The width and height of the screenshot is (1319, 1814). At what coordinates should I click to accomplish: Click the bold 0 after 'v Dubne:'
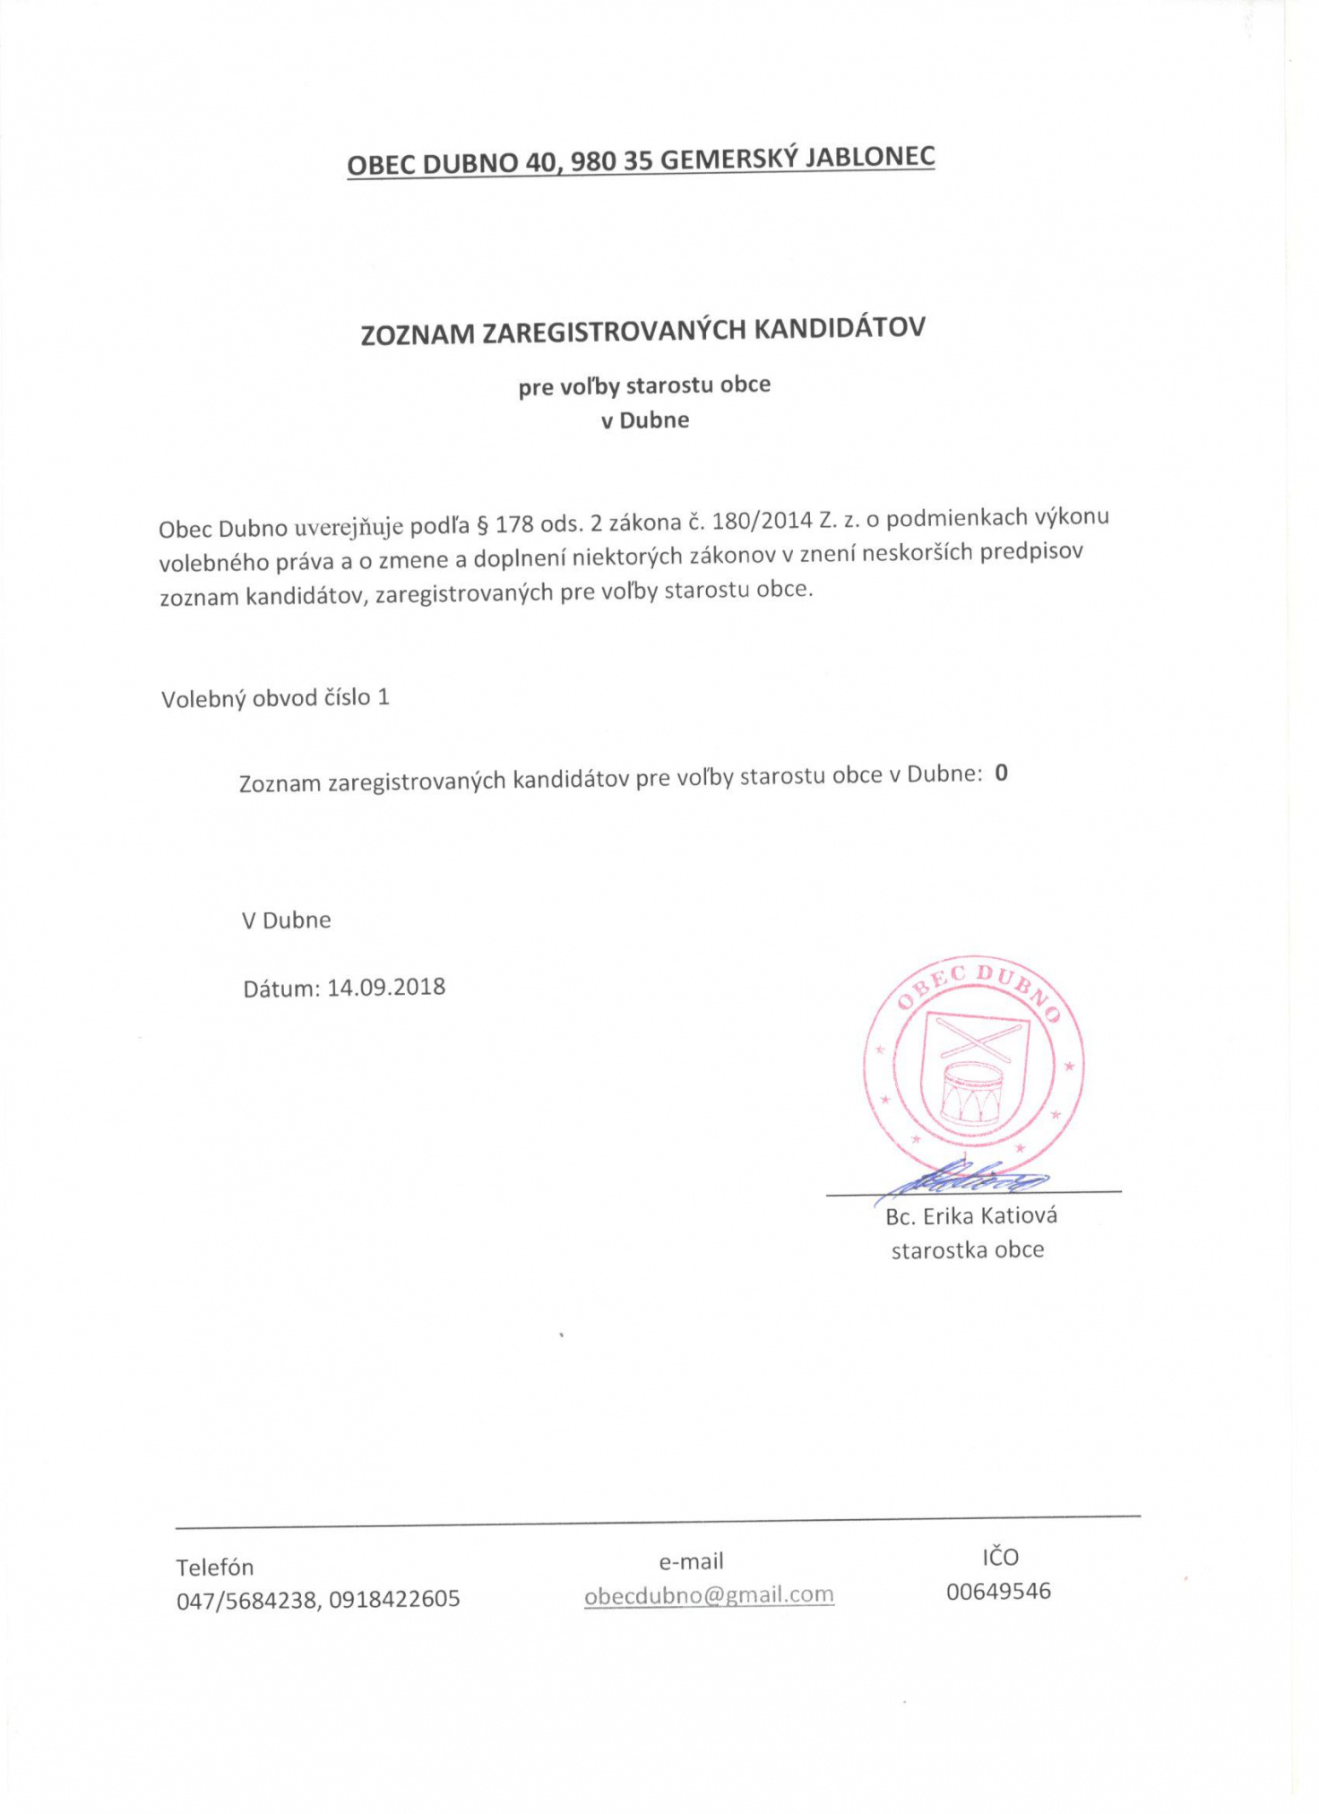(x=1001, y=773)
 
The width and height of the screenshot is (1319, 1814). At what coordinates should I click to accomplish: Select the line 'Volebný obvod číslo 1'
(x=275, y=698)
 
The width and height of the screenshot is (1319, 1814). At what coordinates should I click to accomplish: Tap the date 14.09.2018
(x=386, y=988)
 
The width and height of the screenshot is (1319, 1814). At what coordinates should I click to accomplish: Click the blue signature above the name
(x=968, y=1179)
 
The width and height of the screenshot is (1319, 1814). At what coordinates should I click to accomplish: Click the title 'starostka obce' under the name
(x=967, y=1250)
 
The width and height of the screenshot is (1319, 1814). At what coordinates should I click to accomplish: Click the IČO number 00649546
(x=998, y=1592)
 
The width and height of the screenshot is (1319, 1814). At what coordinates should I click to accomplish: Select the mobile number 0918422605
(x=394, y=1599)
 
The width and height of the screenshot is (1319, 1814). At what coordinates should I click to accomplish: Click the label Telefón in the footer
(x=214, y=1568)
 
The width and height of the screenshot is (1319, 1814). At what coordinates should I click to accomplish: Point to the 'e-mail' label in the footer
(x=691, y=1561)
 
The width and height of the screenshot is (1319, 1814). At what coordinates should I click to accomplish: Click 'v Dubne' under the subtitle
(x=644, y=420)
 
